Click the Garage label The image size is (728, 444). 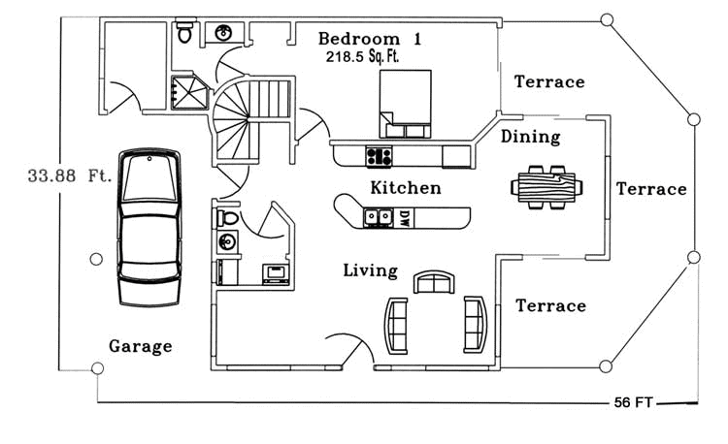140,345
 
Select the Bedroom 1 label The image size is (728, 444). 370,39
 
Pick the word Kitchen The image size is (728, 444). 405,187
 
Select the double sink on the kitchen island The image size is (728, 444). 378,217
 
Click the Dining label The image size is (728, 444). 530,137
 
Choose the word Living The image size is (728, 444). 370,270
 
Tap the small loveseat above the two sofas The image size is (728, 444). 432,282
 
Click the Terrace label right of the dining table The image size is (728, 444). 651,188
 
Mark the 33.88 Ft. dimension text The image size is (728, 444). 70,176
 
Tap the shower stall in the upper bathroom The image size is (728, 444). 189,92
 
